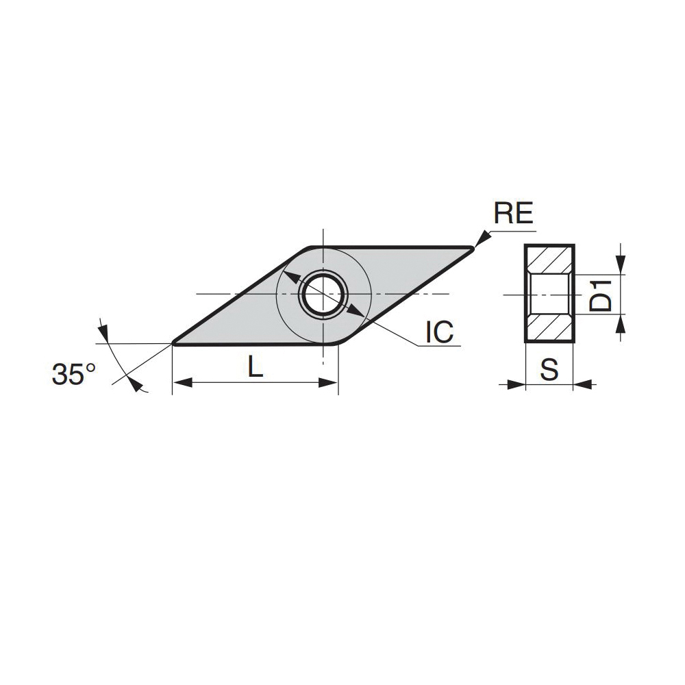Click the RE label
point(513,213)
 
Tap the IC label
point(440,332)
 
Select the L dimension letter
point(255,366)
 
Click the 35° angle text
point(73,374)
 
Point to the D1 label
point(600,295)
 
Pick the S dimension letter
point(549,370)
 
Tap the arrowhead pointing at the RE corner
point(482,238)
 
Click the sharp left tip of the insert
point(173,343)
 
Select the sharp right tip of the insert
point(473,248)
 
